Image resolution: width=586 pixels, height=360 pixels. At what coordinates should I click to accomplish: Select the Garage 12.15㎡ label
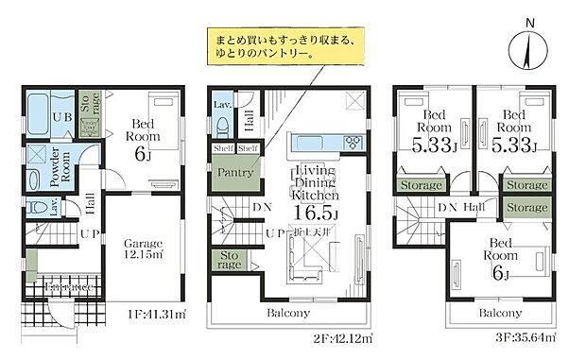click(142, 248)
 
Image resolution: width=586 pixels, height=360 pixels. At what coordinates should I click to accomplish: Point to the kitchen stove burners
click(353, 143)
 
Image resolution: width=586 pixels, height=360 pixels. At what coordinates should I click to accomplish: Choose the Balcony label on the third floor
click(499, 313)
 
